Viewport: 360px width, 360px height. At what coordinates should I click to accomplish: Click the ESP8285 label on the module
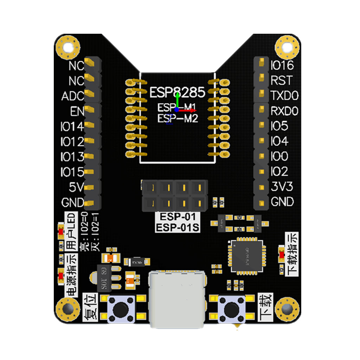177,92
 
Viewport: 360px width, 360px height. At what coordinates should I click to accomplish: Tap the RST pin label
281,81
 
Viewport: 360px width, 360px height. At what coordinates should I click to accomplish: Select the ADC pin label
73,96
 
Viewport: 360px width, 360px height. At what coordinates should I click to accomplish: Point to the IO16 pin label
282,65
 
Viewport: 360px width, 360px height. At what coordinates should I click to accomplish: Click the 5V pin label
76,187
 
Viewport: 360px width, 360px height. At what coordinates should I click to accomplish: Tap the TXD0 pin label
284,96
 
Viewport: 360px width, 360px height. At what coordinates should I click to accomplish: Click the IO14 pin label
72,126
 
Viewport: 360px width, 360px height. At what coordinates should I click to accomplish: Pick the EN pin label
77,111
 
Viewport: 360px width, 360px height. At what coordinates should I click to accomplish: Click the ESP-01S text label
178,227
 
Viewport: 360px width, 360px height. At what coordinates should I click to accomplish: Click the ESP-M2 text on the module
178,118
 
